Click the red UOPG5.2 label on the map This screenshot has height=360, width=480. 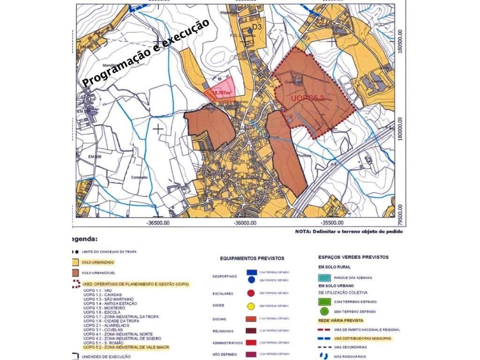pyautogui.click(x=307, y=98)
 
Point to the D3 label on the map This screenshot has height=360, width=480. pyautogui.click(x=257, y=27)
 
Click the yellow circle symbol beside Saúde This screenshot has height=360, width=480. pyautogui.click(x=251, y=307)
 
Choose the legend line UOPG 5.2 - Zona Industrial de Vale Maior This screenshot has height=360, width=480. pyautogui.click(x=126, y=347)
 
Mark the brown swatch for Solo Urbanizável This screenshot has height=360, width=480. pyautogui.click(x=75, y=273)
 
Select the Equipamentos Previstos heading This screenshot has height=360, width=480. pyautogui.click(x=252, y=258)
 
